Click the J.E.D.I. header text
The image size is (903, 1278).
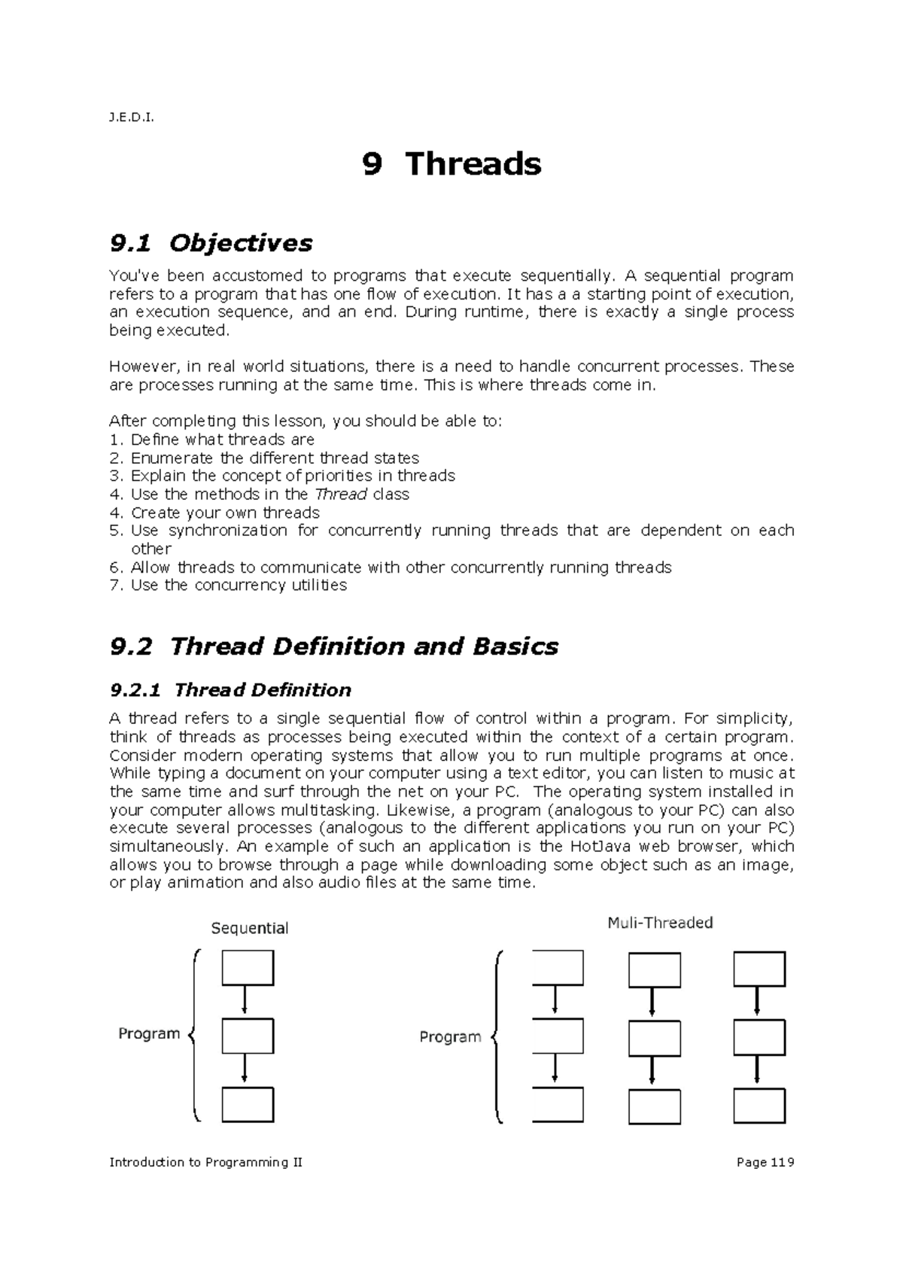click(131, 117)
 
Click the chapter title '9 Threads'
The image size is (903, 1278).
click(451, 163)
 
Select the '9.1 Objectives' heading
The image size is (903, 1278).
click(211, 243)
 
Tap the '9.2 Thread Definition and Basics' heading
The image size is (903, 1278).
click(334, 647)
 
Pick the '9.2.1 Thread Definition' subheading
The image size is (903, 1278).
click(230, 690)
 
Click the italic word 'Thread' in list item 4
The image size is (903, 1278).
click(341, 494)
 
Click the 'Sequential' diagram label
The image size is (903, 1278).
click(250, 928)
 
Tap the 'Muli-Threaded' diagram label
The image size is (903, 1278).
click(660, 923)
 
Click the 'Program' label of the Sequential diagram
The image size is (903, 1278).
click(149, 1033)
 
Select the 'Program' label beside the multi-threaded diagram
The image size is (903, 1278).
click(450, 1037)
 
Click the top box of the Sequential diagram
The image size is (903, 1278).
click(248, 968)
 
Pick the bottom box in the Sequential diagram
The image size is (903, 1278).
click(248, 1105)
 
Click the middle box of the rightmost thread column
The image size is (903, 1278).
click(759, 1038)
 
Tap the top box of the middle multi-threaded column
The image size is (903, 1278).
click(654, 970)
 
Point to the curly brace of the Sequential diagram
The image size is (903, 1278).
click(195, 1036)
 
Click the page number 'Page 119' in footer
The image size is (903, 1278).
click(765, 1162)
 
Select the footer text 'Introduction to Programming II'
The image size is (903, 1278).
click(206, 1162)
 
